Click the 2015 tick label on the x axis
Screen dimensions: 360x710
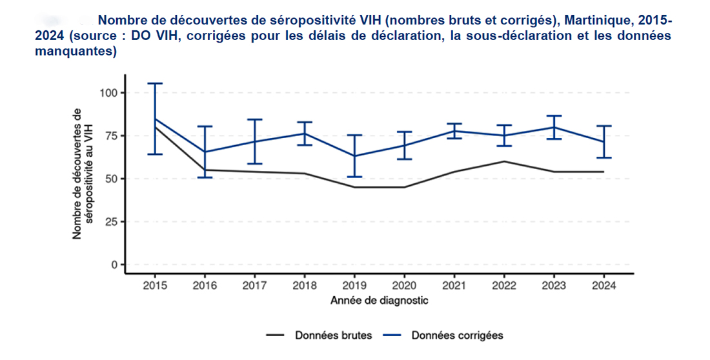point(154,285)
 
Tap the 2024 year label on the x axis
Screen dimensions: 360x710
point(603,285)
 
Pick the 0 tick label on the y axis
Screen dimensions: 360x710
point(115,265)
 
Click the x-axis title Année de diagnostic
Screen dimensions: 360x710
point(379,301)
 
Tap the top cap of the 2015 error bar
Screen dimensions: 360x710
point(155,83)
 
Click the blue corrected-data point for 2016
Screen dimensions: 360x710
point(205,152)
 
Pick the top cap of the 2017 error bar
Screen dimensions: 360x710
point(255,119)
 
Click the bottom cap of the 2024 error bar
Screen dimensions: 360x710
point(603,157)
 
